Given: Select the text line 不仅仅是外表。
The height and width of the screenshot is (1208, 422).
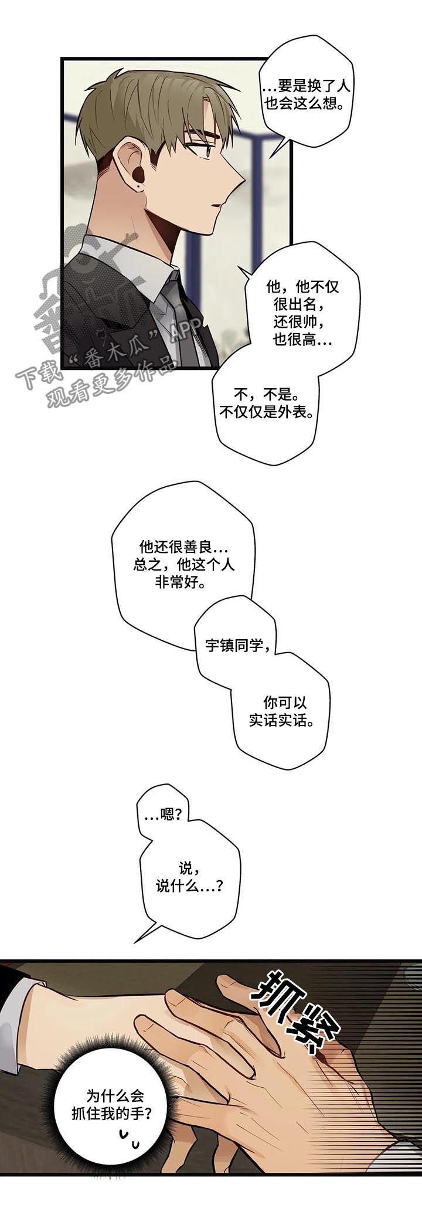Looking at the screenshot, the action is [x=267, y=412].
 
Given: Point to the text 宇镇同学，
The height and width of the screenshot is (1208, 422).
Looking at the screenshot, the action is [x=238, y=646].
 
